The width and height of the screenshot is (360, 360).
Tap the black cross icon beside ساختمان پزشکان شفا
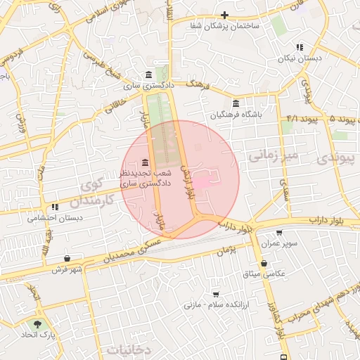[224, 15]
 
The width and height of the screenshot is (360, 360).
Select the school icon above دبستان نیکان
[300, 48]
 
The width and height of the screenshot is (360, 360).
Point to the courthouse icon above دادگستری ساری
[148, 75]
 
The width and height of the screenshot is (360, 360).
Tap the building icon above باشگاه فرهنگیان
[236, 103]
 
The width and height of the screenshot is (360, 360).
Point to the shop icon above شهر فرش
[67, 258]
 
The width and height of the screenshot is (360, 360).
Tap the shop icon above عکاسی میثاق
[264, 263]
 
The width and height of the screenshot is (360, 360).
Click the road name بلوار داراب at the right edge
[332, 221]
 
